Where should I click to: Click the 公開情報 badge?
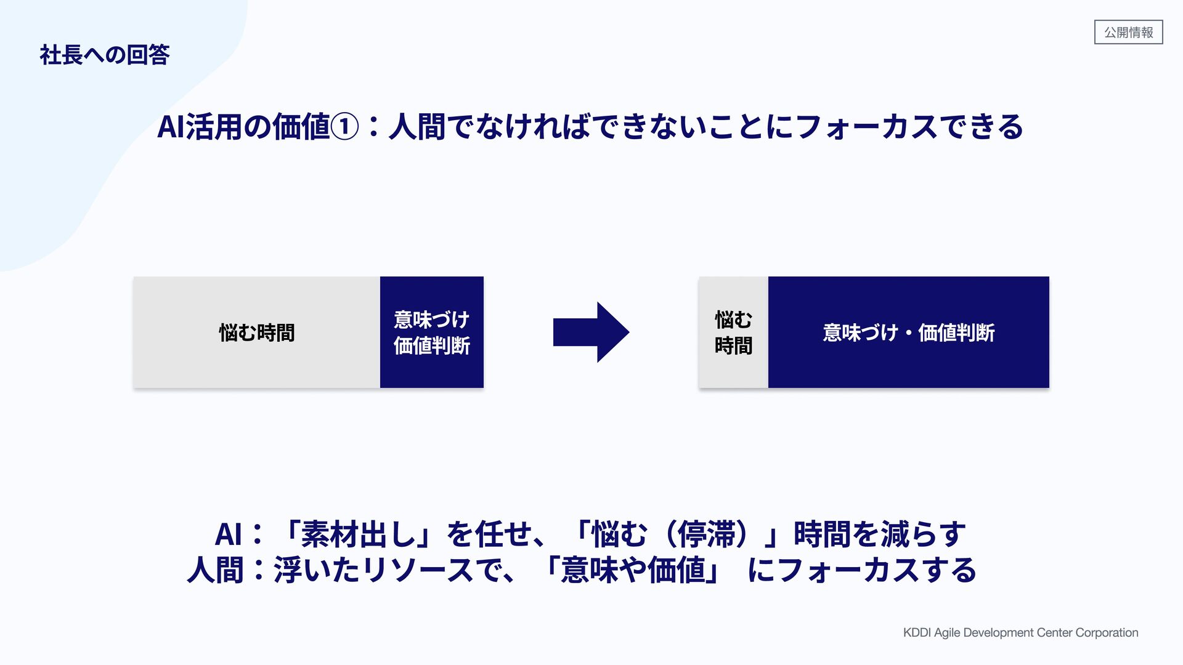coord(1128,32)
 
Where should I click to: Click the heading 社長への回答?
coord(104,55)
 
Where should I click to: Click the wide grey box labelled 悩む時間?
coord(256,332)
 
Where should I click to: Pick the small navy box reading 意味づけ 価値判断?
coord(431,332)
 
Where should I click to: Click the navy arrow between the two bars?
coord(590,332)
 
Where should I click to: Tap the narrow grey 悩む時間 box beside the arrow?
coord(733,332)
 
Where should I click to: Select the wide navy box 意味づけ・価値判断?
coord(908,332)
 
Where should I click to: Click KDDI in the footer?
coord(917,633)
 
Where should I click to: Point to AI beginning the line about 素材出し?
coord(228,534)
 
